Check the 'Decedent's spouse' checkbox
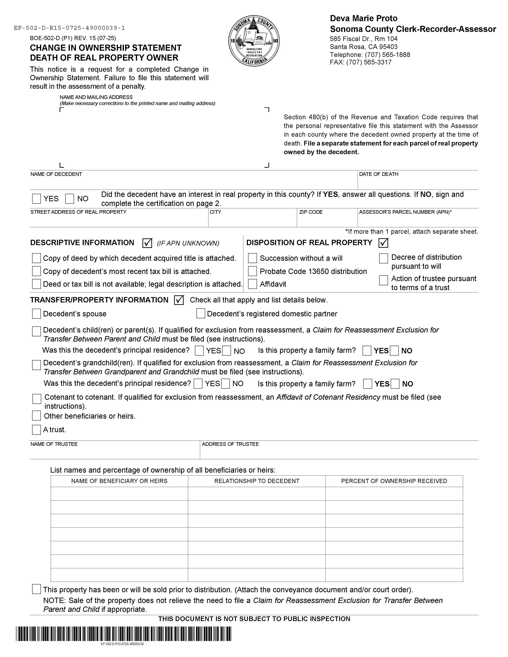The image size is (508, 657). click(x=36, y=314)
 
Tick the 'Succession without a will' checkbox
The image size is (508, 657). click(x=252, y=258)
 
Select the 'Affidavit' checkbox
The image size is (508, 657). click(x=252, y=284)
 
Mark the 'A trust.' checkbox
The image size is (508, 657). click(x=36, y=430)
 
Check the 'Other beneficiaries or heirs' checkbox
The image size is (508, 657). click(x=36, y=416)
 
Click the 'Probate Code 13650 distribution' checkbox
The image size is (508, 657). click(x=252, y=271)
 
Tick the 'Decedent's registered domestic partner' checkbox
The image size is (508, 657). click(x=201, y=313)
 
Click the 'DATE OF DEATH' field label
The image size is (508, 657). click(x=379, y=174)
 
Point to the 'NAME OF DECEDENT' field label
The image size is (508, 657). click(x=56, y=174)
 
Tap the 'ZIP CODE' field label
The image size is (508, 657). click(x=311, y=212)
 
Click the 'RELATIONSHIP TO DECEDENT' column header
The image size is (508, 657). click(x=257, y=481)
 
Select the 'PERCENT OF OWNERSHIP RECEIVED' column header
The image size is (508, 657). click(x=394, y=481)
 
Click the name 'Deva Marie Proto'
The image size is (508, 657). click(x=364, y=18)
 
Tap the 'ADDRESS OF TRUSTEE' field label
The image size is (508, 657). click(x=230, y=444)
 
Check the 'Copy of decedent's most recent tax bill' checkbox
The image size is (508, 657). click(x=36, y=271)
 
